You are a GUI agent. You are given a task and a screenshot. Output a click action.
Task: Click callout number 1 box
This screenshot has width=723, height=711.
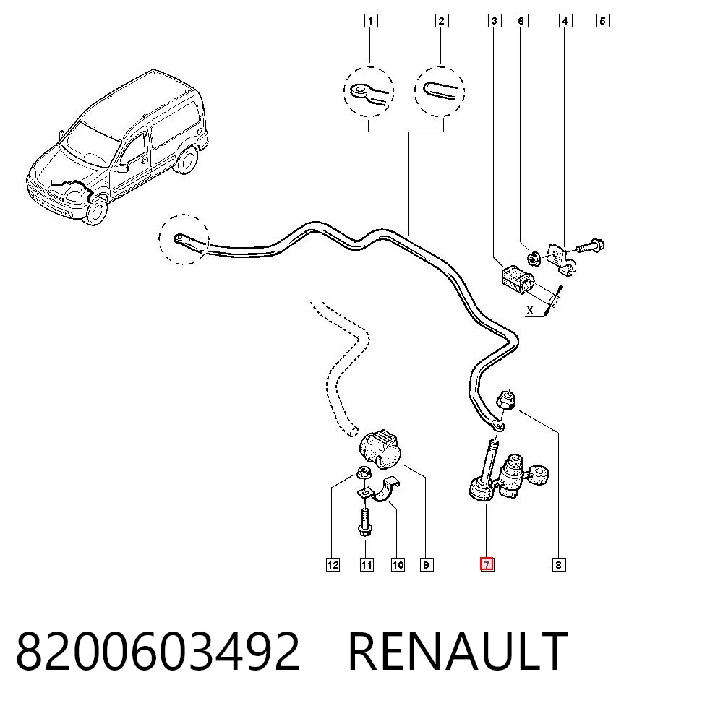coord(371,21)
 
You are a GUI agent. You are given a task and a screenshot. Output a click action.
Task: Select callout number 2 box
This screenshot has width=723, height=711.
coord(442,21)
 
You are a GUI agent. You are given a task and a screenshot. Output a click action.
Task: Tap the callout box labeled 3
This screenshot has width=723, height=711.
coord(495,21)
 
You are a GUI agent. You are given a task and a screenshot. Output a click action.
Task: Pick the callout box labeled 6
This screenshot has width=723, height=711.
coord(521,21)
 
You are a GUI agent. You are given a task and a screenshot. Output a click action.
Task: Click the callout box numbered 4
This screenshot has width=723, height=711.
coord(565,21)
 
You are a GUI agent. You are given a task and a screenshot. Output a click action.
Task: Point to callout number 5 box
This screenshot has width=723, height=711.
coord(603,21)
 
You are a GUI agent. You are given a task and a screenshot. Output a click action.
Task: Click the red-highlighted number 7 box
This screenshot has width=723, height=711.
coord(487,564)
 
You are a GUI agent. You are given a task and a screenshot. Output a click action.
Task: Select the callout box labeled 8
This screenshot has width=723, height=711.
coord(558,564)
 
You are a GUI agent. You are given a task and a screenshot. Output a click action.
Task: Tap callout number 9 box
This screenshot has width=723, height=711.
coord(427,564)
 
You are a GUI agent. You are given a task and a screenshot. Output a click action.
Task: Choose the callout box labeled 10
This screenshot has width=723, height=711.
coord(398,564)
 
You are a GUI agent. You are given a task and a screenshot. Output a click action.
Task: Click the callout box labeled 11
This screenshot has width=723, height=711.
coord(367,564)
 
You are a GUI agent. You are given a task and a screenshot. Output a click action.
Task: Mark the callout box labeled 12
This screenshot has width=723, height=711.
coord(333,564)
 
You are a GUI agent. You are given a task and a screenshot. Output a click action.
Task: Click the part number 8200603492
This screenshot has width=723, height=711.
coord(158,651)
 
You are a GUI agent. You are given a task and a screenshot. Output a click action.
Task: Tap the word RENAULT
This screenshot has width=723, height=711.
coord(458,651)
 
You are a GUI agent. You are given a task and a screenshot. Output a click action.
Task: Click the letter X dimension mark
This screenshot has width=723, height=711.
coord(530,311)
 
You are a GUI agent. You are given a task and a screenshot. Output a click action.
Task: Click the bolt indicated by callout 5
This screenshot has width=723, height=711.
coord(590,246)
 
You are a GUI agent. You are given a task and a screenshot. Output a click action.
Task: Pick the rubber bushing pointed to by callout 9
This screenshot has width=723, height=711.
coord(380,449)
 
